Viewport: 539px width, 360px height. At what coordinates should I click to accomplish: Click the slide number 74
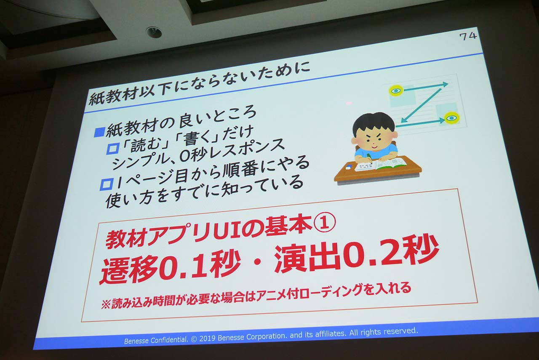[467, 36]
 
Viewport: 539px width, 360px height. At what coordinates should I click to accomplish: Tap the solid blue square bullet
[99, 132]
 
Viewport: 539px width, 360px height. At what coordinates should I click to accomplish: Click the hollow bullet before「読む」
[113, 149]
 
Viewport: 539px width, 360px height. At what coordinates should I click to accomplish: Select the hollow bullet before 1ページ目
[107, 184]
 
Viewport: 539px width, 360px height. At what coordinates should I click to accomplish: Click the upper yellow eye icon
[396, 91]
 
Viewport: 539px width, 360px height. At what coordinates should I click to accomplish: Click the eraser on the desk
[348, 166]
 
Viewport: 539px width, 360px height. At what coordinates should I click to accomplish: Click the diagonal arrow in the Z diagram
[421, 105]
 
